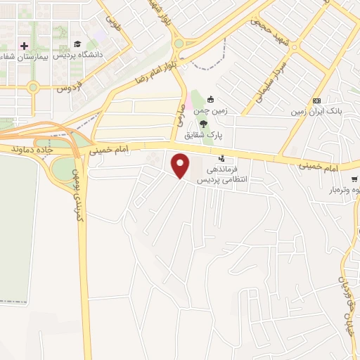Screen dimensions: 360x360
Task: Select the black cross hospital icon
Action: [x=25, y=45]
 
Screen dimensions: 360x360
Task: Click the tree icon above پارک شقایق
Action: [x=203, y=122]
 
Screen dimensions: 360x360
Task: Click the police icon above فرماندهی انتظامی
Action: [x=221, y=158]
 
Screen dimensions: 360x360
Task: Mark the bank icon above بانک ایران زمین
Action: [x=316, y=101]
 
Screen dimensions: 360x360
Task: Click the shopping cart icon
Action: [x=355, y=179]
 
